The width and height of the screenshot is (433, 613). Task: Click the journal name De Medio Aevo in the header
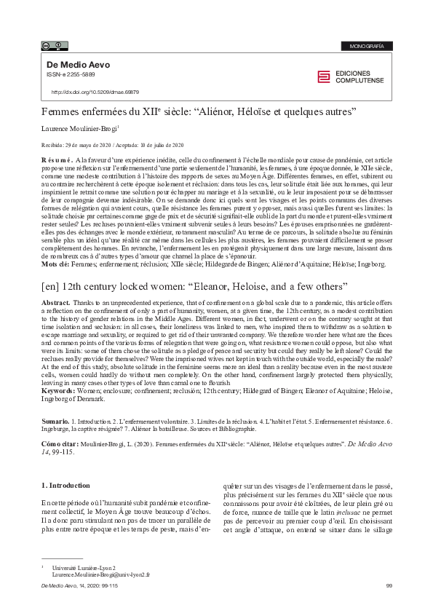79,65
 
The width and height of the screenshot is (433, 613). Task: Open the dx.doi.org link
95,92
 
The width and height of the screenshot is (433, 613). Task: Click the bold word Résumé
57,159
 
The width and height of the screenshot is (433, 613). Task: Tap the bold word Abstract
56,302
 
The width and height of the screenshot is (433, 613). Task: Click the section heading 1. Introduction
65,485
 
